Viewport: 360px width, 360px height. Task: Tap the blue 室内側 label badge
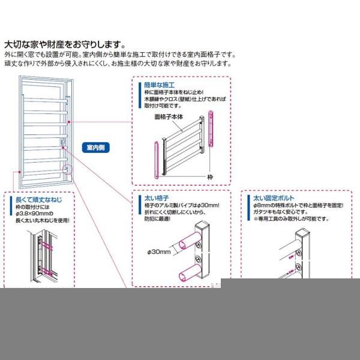pos(96,146)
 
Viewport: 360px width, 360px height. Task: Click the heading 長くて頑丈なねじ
pos(37,199)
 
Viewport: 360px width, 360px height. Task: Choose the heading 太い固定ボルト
pos(274,197)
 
